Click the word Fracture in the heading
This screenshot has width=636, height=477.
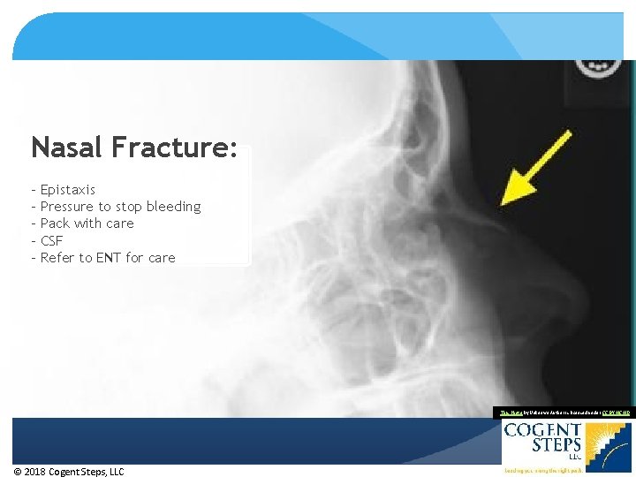[173, 147]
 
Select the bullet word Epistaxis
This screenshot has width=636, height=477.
[68, 190]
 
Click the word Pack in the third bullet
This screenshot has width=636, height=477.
[56, 223]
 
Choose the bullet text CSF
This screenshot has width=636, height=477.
[52, 240]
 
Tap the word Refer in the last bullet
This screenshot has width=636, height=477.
[58, 258]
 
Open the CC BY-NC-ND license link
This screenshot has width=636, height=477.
[615, 412]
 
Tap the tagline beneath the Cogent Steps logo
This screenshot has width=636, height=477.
[541, 472]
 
